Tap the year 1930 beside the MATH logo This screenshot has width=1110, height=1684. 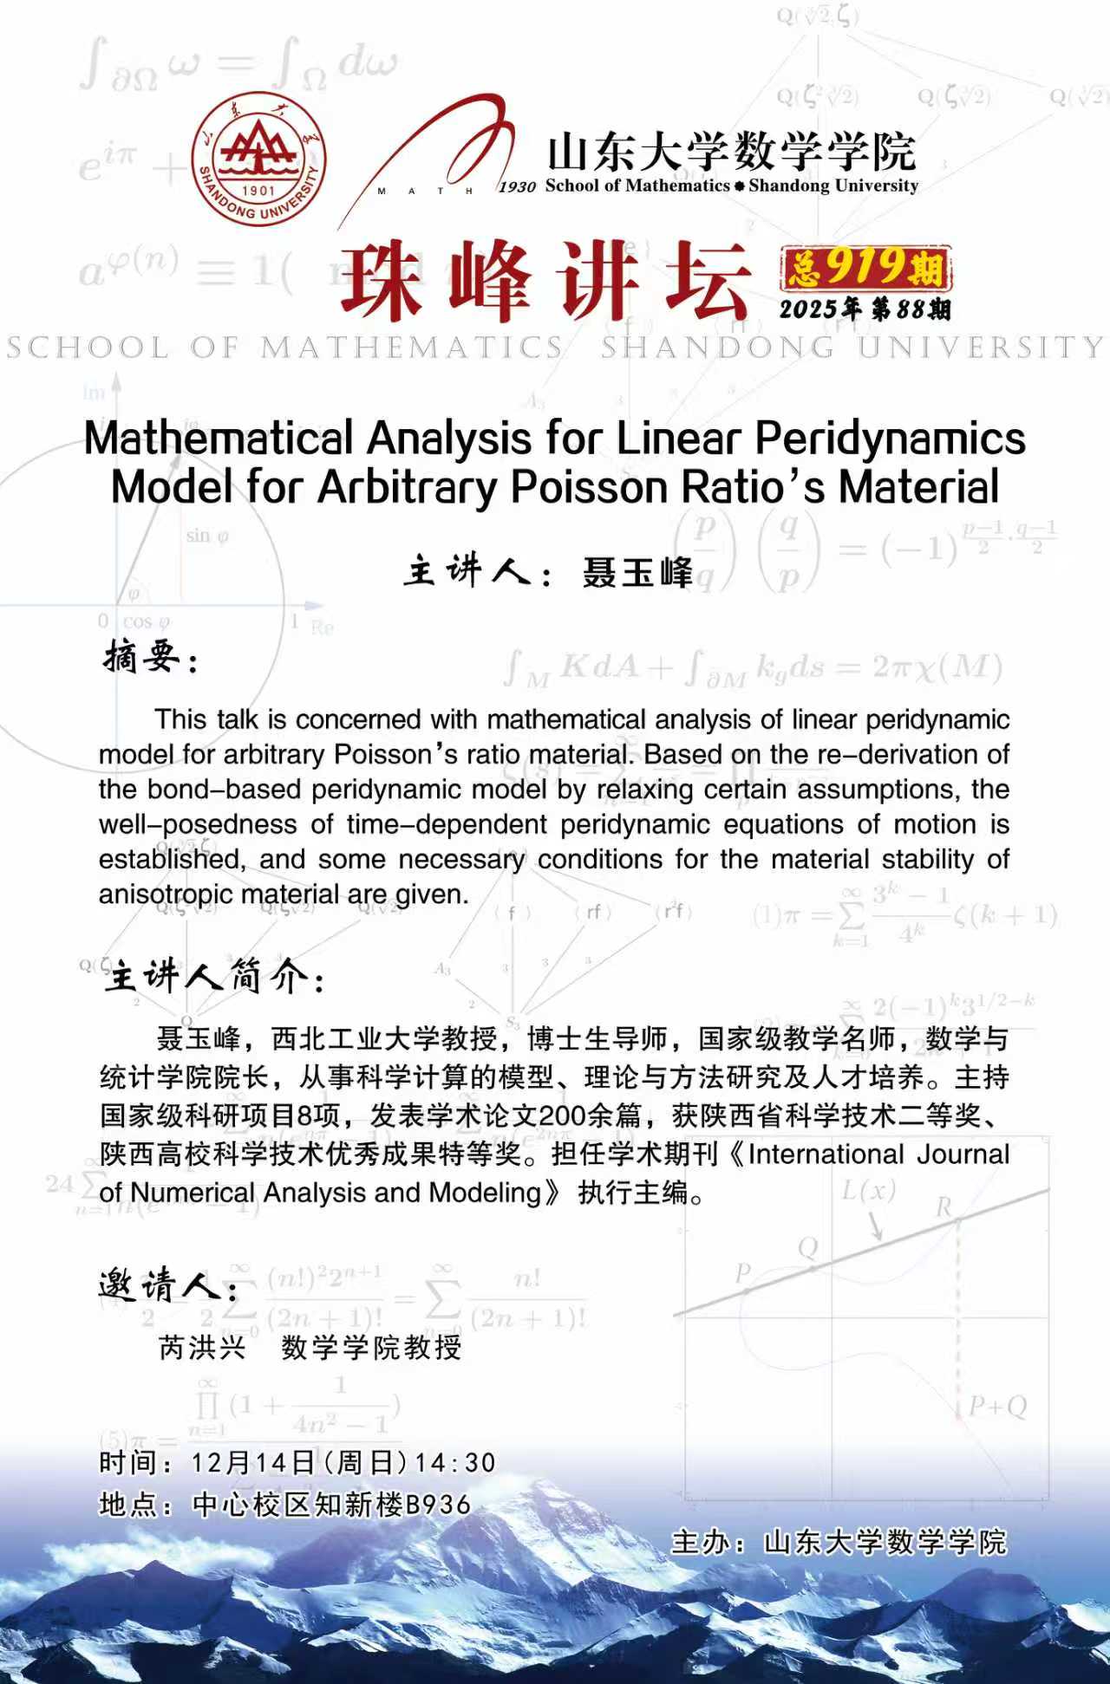[517, 187]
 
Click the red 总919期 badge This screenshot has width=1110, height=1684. [865, 268]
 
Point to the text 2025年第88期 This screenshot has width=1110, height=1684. [865, 309]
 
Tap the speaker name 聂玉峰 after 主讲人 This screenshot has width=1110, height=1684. [637, 573]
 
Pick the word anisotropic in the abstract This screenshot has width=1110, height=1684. [165, 894]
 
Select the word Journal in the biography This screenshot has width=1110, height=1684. [963, 1154]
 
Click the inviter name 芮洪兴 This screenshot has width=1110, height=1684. [202, 1348]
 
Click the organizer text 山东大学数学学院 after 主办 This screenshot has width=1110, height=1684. [885, 1542]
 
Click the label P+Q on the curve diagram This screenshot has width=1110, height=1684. [997, 1407]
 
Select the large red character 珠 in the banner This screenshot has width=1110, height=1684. [381, 281]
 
